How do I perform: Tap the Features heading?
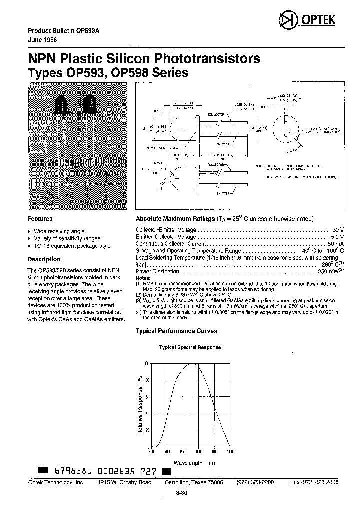[40, 219]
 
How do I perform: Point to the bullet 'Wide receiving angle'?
[59, 231]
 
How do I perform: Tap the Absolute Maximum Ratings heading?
[174, 219]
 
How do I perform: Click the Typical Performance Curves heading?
[176, 331]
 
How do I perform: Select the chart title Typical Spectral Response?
[190, 347]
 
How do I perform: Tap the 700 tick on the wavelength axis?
[167, 452]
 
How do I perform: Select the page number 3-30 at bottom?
[181, 493]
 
